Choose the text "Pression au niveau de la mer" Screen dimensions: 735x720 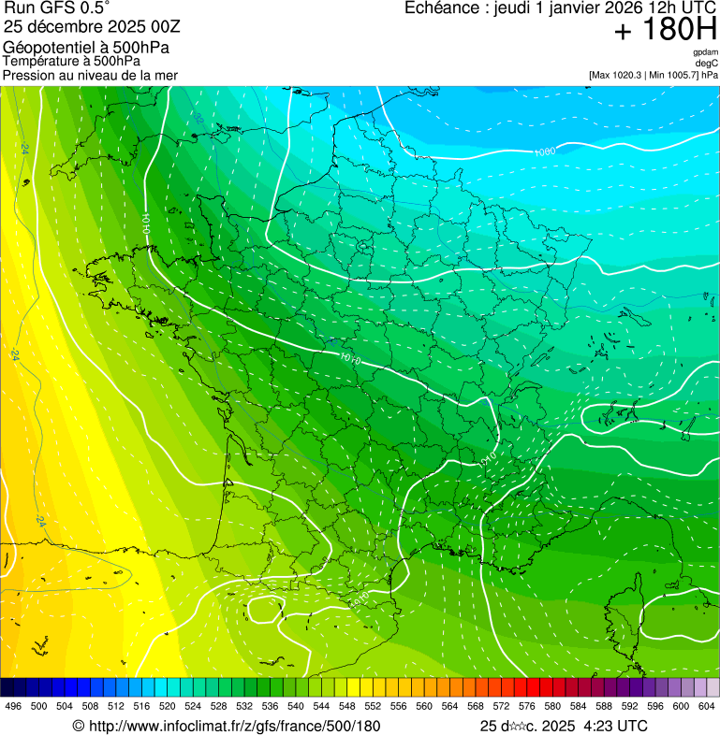click(x=90, y=75)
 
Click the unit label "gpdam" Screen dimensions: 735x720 click(x=705, y=52)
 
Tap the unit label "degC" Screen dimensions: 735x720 click(x=707, y=63)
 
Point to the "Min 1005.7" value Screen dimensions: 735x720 click(x=672, y=74)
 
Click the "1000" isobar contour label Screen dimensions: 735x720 click(x=544, y=151)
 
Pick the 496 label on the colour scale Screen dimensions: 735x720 click(x=13, y=707)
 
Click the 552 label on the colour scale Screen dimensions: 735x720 click(x=373, y=707)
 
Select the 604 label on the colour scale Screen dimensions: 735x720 click(x=707, y=707)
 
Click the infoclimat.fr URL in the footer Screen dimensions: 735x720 click(x=234, y=726)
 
